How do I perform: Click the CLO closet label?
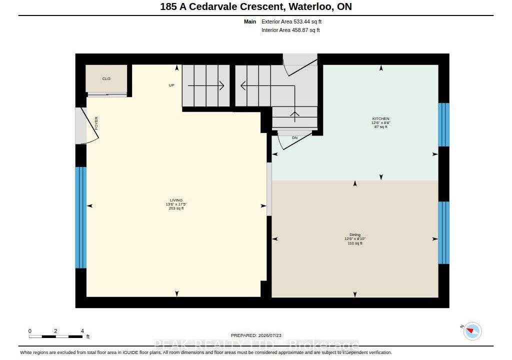pyautogui.click(x=106, y=78)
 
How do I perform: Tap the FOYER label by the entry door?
pyautogui.click(x=96, y=123)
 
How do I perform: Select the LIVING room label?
pyautogui.click(x=176, y=200)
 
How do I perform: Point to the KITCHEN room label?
pyautogui.click(x=380, y=118)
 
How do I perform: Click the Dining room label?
pyautogui.click(x=355, y=234)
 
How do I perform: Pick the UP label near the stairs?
pyautogui.click(x=171, y=85)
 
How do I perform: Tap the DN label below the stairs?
pyautogui.click(x=294, y=138)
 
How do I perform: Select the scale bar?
pyautogui.click(x=55, y=336)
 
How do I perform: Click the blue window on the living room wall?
pyautogui.click(x=81, y=217)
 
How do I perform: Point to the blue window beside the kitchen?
pyautogui.click(x=443, y=125)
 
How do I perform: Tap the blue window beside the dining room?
pyautogui.click(x=443, y=232)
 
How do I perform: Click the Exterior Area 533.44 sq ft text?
pyautogui.click(x=291, y=21)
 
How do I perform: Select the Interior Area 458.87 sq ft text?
pyautogui.click(x=290, y=30)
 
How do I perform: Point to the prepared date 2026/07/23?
pyautogui.click(x=269, y=335)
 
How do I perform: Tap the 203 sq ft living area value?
pyautogui.click(x=176, y=208)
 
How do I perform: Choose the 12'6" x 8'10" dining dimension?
pyautogui.click(x=355, y=239)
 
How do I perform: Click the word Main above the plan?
pyautogui.click(x=250, y=21)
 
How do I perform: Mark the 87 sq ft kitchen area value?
pyautogui.click(x=380, y=127)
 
